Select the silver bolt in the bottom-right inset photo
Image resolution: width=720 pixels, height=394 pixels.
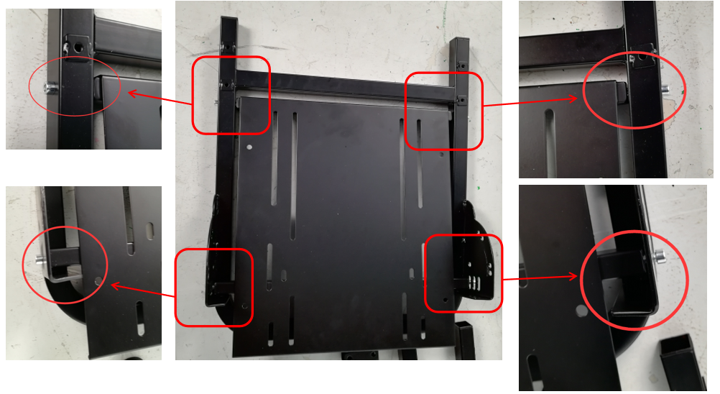[659, 256]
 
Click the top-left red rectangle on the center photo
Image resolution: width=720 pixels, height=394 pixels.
[231, 95]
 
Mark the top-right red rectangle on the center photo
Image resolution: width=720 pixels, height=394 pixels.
[443, 111]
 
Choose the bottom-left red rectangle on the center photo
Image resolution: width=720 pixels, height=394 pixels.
[214, 287]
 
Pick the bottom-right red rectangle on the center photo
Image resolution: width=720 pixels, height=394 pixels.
[463, 272]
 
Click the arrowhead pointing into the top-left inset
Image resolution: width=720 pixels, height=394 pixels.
[130, 92]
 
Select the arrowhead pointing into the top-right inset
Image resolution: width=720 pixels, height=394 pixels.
[574, 98]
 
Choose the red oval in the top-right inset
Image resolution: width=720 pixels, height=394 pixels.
[634, 90]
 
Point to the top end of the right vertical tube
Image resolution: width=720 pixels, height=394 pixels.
[460, 41]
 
